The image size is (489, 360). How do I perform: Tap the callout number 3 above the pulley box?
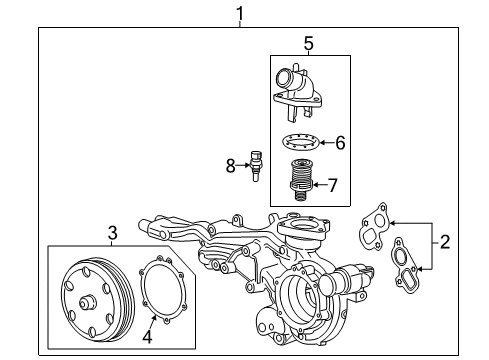tap(111, 233)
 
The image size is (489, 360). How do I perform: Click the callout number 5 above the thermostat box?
tap(309, 43)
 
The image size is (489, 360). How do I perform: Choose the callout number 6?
tap(340, 143)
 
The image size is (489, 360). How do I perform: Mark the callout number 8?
tap(229, 165)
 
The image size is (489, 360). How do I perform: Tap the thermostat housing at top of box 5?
tap(299, 89)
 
